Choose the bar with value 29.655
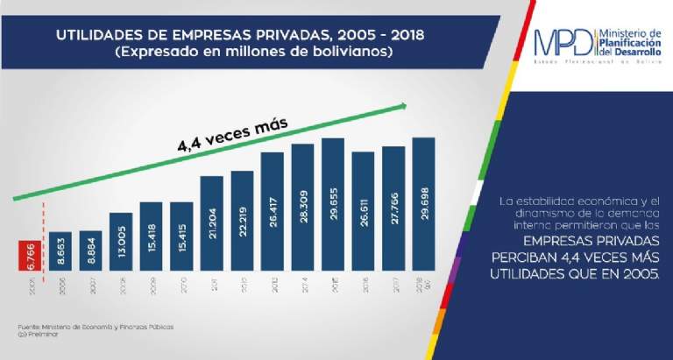(x=333, y=206)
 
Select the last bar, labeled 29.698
(x=423, y=206)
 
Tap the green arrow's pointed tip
(x=405, y=105)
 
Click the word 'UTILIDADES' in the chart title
(x=98, y=38)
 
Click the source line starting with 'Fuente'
(x=96, y=326)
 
